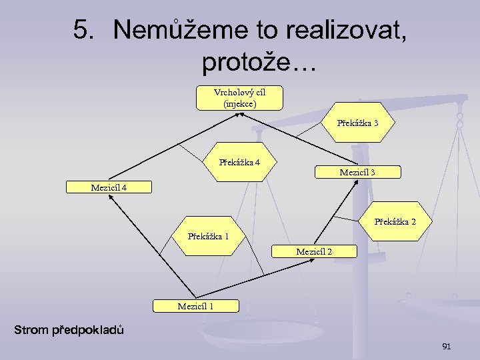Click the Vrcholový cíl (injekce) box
click(x=239, y=97)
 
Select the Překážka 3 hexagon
click(x=357, y=123)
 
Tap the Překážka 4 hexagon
click(x=239, y=162)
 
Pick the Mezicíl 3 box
click(x=357, y=173)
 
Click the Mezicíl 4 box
click(x=109, y=187)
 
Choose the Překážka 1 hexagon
click(x=208, y=236)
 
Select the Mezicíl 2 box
click(x=314, y=251)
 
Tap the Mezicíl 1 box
click(x=195, y=306)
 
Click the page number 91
click(x=447, y=347)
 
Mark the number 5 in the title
click(x=81, y=30)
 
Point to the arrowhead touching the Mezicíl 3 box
click(x=348, y=183)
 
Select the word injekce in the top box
click(x=239, y=103)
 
